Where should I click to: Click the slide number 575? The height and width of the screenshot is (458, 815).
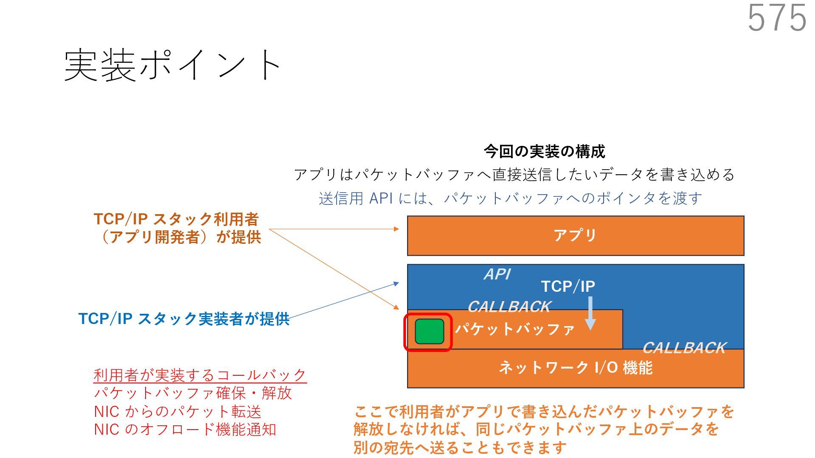[x=776, y=18]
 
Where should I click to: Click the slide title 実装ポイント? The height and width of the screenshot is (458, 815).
[x=172, y=65]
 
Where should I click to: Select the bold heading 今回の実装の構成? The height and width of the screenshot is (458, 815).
[x=544, y=151]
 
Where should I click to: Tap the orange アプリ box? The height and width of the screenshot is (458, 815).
[x=575, y=235]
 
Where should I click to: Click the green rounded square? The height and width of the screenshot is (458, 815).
[x=429, y=332]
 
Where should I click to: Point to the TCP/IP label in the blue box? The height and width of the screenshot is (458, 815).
[x=568, y=287]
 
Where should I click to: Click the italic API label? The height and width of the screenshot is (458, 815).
[x=497, y=274]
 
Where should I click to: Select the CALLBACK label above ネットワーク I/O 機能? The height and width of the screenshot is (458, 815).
[x=684, y=348]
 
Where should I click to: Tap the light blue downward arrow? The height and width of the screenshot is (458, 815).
[x=590, y=314]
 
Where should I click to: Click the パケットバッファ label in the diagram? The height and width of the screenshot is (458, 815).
[x=515, y=329]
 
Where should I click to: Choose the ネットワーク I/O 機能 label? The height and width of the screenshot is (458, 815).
[x=575, y=368]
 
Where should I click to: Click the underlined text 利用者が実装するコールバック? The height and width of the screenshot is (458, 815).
[x=200, y=375]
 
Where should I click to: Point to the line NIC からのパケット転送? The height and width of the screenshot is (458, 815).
[x=177, y=411]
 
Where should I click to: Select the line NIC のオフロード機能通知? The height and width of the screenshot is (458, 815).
[x=185, y=430]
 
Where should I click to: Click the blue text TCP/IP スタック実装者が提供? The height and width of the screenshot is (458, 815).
[x=184, y=319]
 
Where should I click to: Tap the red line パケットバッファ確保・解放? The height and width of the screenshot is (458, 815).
[x=193, y=393]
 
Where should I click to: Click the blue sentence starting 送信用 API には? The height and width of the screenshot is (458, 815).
[x=510, y=198]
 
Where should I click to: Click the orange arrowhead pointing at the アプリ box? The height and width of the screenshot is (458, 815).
[x=396, y=229]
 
